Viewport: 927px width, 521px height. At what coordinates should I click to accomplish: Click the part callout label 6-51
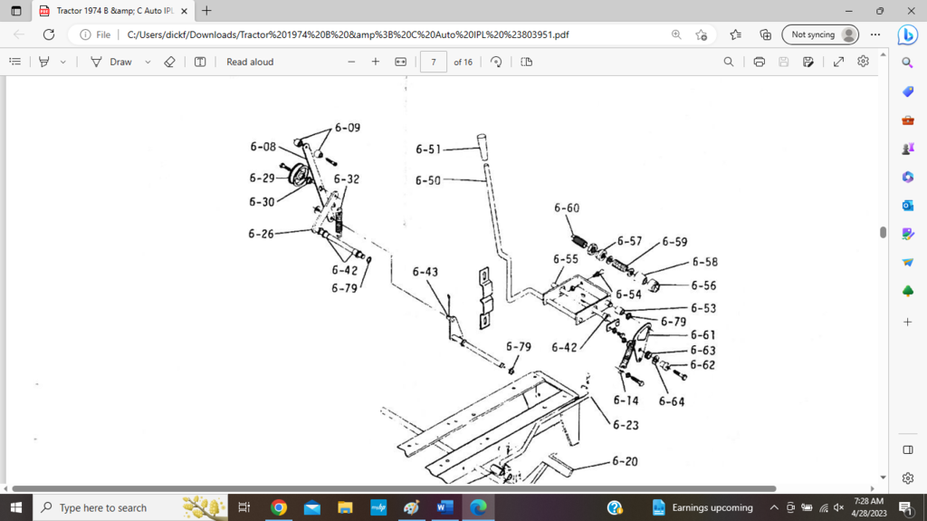429,150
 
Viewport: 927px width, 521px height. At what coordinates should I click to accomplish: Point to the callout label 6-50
429,180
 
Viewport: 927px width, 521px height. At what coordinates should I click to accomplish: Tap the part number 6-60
567,208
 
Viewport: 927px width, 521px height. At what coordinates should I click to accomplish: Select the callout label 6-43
425,272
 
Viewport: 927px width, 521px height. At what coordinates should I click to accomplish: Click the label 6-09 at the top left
347,128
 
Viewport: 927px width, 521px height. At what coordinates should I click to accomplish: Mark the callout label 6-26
262,234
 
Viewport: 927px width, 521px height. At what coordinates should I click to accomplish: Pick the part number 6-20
625,461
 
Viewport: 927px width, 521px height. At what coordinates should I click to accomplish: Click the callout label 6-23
625,424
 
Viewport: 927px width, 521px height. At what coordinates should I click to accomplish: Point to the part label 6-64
672,401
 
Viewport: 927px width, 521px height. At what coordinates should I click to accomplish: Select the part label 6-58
704,262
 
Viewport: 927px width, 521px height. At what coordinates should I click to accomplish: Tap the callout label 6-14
626,400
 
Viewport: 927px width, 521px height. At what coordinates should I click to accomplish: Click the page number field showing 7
434,62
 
